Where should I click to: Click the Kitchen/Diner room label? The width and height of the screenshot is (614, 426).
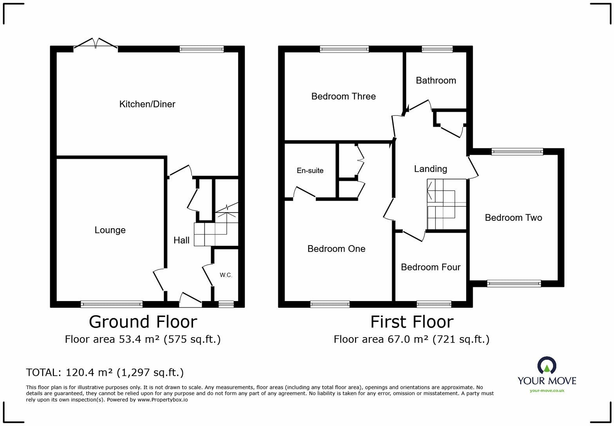click(147, 104)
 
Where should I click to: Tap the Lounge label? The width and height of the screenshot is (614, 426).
click(110, 230)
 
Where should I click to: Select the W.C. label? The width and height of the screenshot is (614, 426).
click(226, 275)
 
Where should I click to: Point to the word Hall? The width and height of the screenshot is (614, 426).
click(181, 240)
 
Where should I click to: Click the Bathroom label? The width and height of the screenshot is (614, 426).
click(436, 81)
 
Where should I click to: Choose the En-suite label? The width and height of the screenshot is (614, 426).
click(310, 171)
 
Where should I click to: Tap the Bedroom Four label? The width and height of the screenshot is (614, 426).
click(431, 267)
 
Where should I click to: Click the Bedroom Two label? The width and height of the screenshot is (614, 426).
click(513, 218)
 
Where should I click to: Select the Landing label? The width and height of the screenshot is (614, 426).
click(431, 169)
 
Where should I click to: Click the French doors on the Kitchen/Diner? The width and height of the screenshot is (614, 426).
click(96, 44)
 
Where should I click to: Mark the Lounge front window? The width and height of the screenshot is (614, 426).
click(112, 304)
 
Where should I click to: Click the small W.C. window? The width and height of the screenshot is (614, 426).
click(226, 304)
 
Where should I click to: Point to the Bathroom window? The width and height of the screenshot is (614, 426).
click(437, 49)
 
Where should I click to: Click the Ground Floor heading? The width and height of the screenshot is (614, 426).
click(143, 322)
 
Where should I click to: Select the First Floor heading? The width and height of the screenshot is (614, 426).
click(412, 322)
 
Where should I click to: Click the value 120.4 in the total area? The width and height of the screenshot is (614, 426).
click(79, 372)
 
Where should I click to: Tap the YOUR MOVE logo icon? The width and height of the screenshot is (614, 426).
click(547, 365)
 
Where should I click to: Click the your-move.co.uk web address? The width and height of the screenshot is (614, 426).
click(547, 391)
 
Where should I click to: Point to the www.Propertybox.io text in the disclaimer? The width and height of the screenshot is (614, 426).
click(162, 400)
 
